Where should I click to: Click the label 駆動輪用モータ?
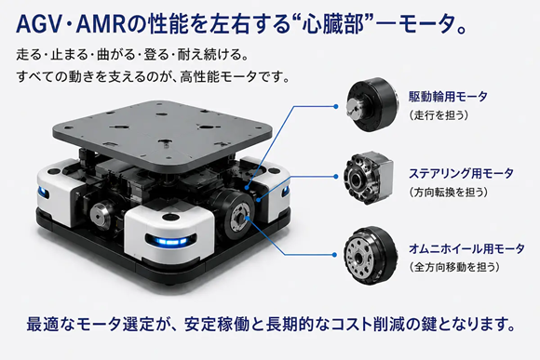[x=448, y=97]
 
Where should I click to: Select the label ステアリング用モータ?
[x=461, y=173]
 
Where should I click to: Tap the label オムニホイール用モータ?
[x=466, y=248]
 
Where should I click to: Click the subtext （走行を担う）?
[x=439, y=115]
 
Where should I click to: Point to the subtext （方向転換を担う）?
[x=449, y=192]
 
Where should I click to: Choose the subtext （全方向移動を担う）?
[x=454, y=267]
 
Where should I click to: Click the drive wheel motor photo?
[x=371, y=104]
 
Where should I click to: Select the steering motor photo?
[x=369, y=178]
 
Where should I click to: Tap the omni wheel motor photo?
[x=371, y=255]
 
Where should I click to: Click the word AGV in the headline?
[x=38, y=25]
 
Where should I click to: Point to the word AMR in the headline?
[x=101, y=25]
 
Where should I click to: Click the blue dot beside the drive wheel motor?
[x=336, y=106]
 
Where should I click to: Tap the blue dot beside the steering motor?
[x=336, y=177]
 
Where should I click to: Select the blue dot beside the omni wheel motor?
[x=334, y=255]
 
